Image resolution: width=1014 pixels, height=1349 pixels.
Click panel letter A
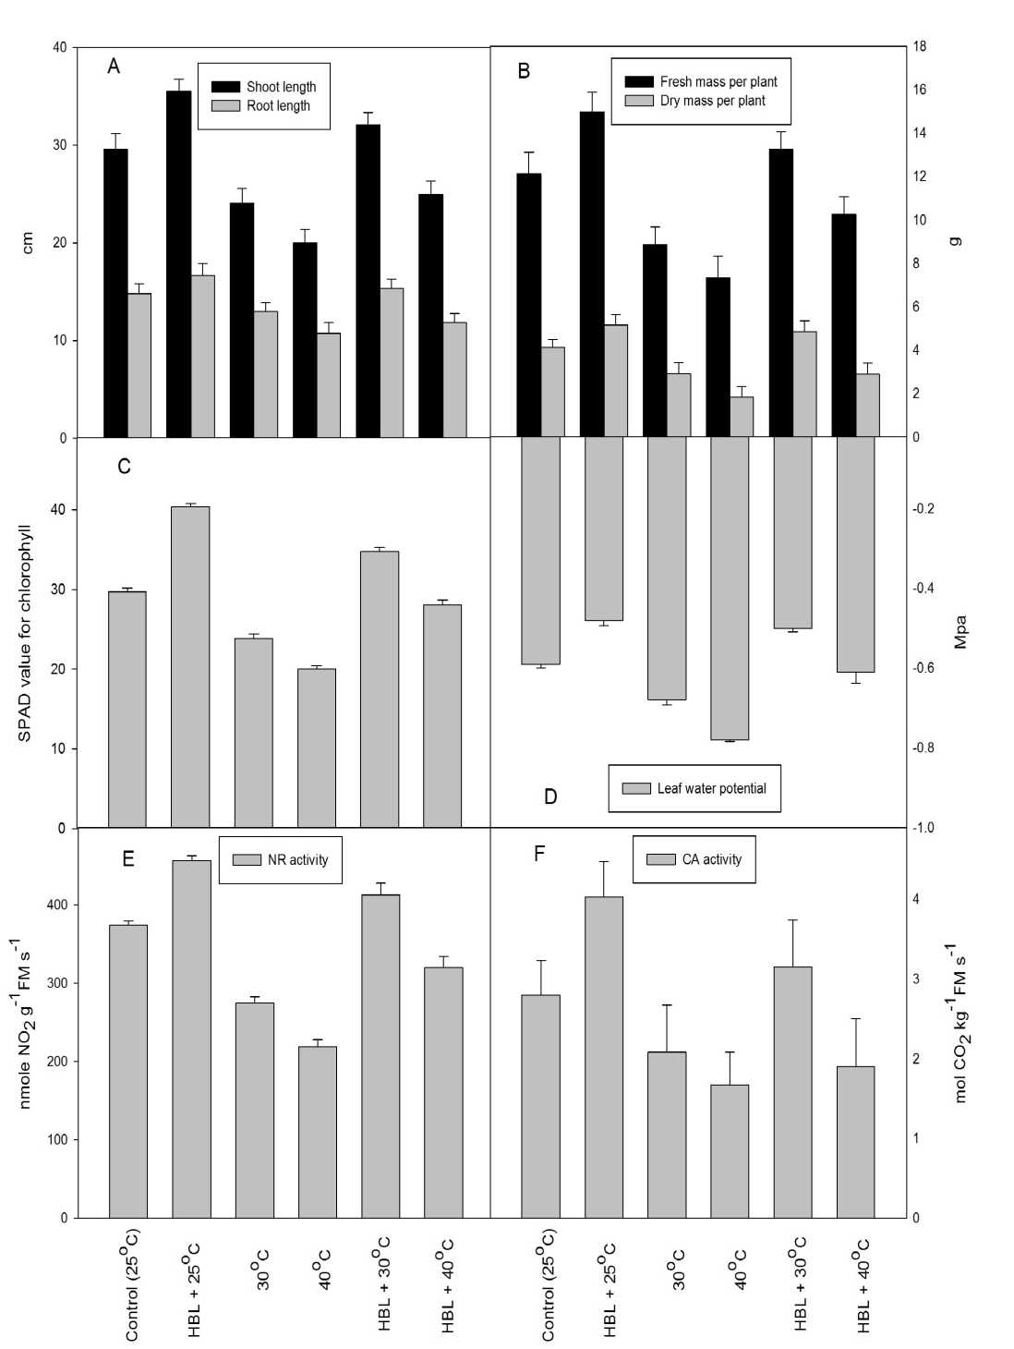tap(114, 67)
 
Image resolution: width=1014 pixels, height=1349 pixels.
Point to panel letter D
tap(550, 796)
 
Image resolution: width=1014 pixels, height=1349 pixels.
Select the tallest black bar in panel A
tap(178, 263)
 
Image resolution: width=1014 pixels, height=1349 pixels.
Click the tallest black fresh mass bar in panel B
tap(592, 273)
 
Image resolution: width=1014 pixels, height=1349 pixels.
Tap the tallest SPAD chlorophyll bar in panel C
tap(190, 666)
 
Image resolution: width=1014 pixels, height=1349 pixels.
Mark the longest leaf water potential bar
tap(730, 588)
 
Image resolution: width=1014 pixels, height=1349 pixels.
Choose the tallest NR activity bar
tap(191, 1039)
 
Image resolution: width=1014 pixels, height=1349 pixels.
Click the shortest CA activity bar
tap(730, 1150)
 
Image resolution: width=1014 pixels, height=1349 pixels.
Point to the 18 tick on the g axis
tap(921, 46)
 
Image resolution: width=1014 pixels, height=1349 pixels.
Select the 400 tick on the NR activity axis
tap(57, 905)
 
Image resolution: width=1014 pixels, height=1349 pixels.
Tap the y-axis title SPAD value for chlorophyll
tap(25, 633)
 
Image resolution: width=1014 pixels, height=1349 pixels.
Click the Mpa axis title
tap(960, 632)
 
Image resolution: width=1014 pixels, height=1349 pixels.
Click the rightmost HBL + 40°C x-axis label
tap(863, 1285)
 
